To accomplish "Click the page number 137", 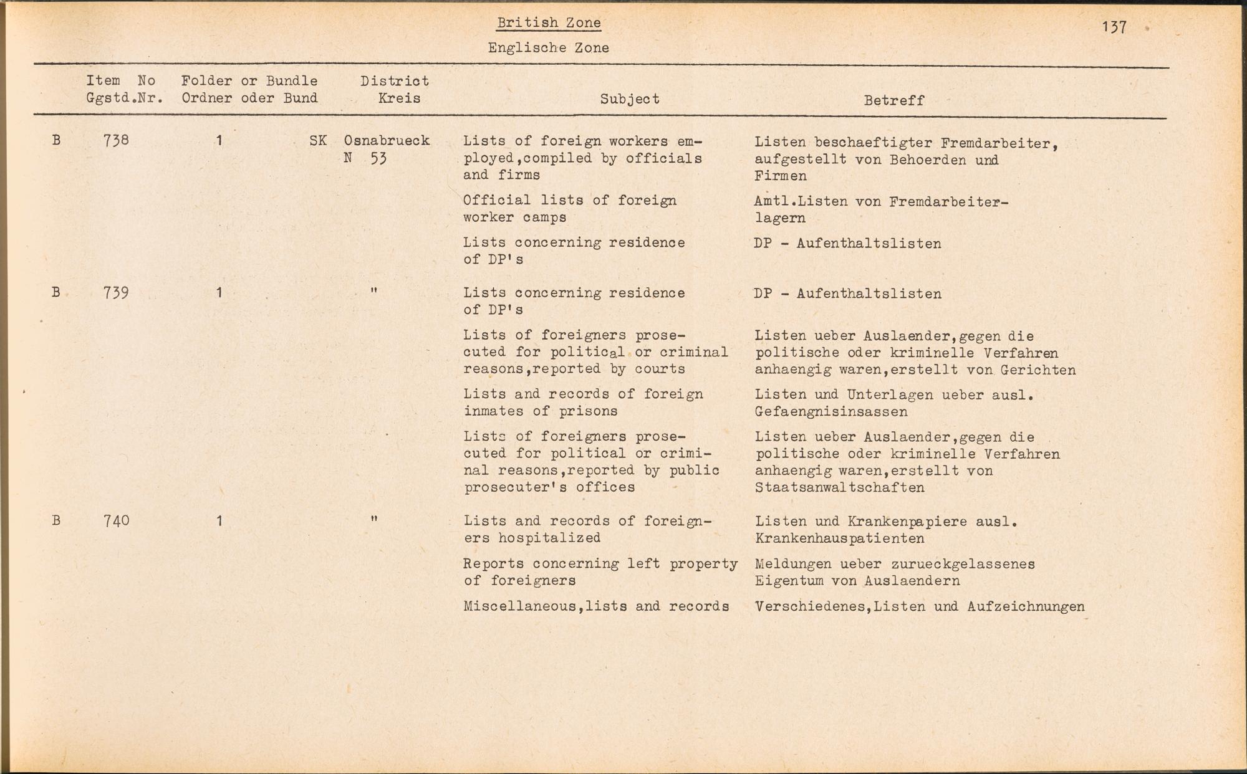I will click(1114, 27).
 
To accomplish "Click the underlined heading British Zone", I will click(549, 23).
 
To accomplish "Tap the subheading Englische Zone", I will click(548, 48).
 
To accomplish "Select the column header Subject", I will click(630, 99).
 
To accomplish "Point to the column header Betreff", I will click(893, 100).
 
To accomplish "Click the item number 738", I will click(116, 140).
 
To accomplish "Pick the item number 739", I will click(116, 293).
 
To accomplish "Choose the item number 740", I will click(116, 520).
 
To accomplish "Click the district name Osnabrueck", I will click(387, 141).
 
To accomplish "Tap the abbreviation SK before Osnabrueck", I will click(318, 141).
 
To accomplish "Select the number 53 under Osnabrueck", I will click(378, 158).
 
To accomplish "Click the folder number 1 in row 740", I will click(219, 520).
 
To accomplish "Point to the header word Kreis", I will click(399, 98).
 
